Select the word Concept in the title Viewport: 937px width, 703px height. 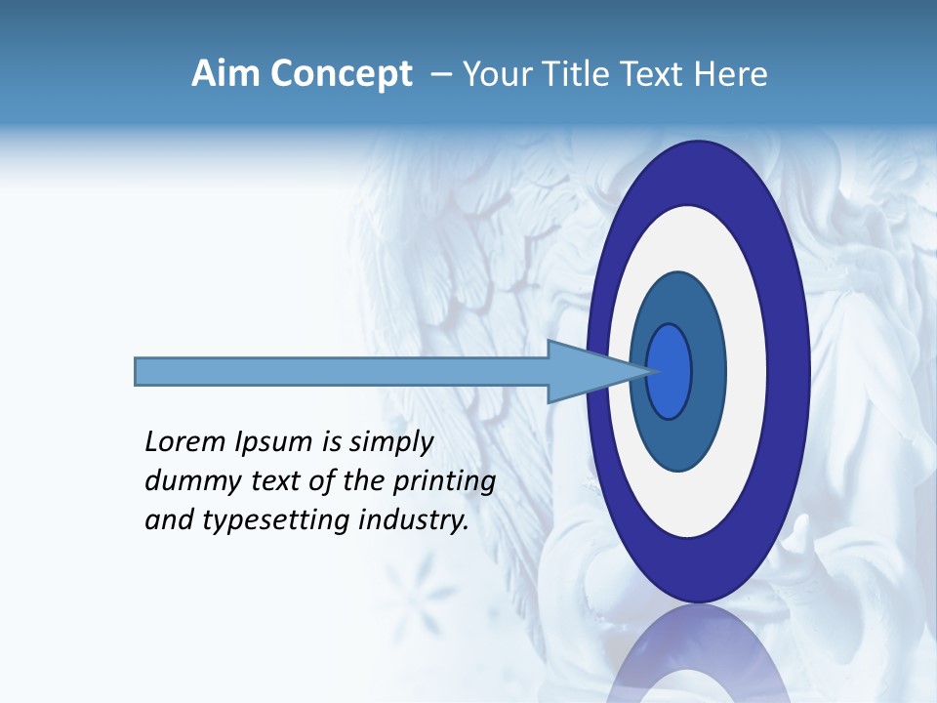point(342,74)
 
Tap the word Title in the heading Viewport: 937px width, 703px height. point(566,74)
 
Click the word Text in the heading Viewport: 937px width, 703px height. point(649,74)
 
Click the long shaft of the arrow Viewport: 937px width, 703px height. point(342,371)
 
